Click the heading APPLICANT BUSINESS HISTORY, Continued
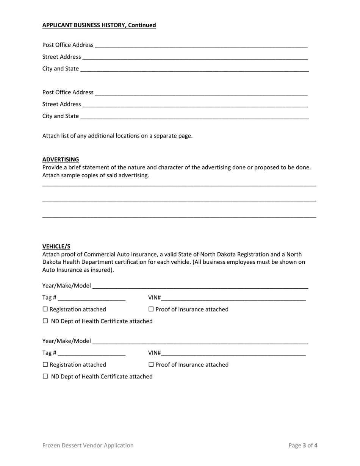pyautogui.click(x=99, y=25)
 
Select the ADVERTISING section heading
pyautogui.click(x=61, y=160)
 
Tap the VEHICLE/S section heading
pyautogui.click(x=56, y=246)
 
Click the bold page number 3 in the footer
pyautogui.click(x=304, y=446)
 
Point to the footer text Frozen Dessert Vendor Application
pyautogui.click(x=88, y=446)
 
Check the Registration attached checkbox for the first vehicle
pyautogui.click(x=45, y=309)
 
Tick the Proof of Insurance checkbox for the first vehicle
pyautogui.click(x=151, y=309)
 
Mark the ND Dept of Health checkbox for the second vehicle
pyautogui.click(x=45, y=376)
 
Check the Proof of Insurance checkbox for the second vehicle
pyautogui.click(x=151, y=364)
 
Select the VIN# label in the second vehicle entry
pyautogui.click(x=154, y=353)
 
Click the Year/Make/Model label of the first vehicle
pyautogui.click(x=66, y=286)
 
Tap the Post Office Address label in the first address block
pyautogui.click(x=67, y=45)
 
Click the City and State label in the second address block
pyautogui.click(x=61, y=116)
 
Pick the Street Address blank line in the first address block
pyautogui.click(x=195, y=57)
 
